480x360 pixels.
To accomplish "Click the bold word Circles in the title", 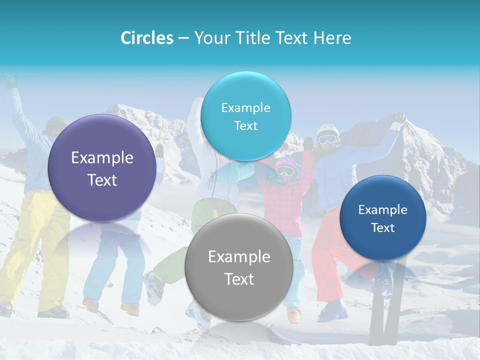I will (146, 38).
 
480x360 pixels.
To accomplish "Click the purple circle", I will (102, 168).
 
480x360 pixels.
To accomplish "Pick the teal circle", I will (245, 116).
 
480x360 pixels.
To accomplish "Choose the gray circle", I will (239, 267).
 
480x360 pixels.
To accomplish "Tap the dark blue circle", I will (382, 218).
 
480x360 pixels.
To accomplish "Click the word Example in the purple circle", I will (102, 158).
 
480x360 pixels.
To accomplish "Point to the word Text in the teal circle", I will (245, 125).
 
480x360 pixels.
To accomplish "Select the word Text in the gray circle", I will (239, 279).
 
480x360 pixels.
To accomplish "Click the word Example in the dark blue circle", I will (382, 209).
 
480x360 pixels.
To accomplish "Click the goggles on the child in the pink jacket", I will (285, 170).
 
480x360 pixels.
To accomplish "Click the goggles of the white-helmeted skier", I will (327, 139).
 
